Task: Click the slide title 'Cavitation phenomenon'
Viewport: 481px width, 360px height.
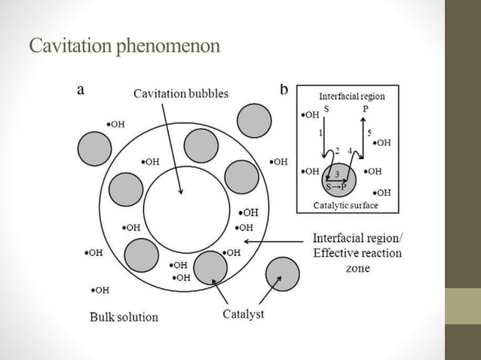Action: (124, 47)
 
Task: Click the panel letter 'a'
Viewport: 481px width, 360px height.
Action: (81, 90)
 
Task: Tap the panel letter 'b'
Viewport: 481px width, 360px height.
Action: (283, 90)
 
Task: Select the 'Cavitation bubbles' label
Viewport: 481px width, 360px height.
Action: (180, 93)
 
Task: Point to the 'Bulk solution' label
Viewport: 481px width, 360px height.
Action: (124, 316)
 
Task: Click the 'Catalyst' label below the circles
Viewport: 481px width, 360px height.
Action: (243, 313)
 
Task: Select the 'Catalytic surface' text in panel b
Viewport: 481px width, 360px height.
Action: (345, 205)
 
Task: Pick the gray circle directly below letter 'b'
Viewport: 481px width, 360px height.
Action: (254, 119)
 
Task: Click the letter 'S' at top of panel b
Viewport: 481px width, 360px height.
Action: (326, 109)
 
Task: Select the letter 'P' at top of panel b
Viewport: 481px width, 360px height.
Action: (366, 109)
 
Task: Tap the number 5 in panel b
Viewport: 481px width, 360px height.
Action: (369, 133)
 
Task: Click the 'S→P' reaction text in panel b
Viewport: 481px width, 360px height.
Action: (336, 187)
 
